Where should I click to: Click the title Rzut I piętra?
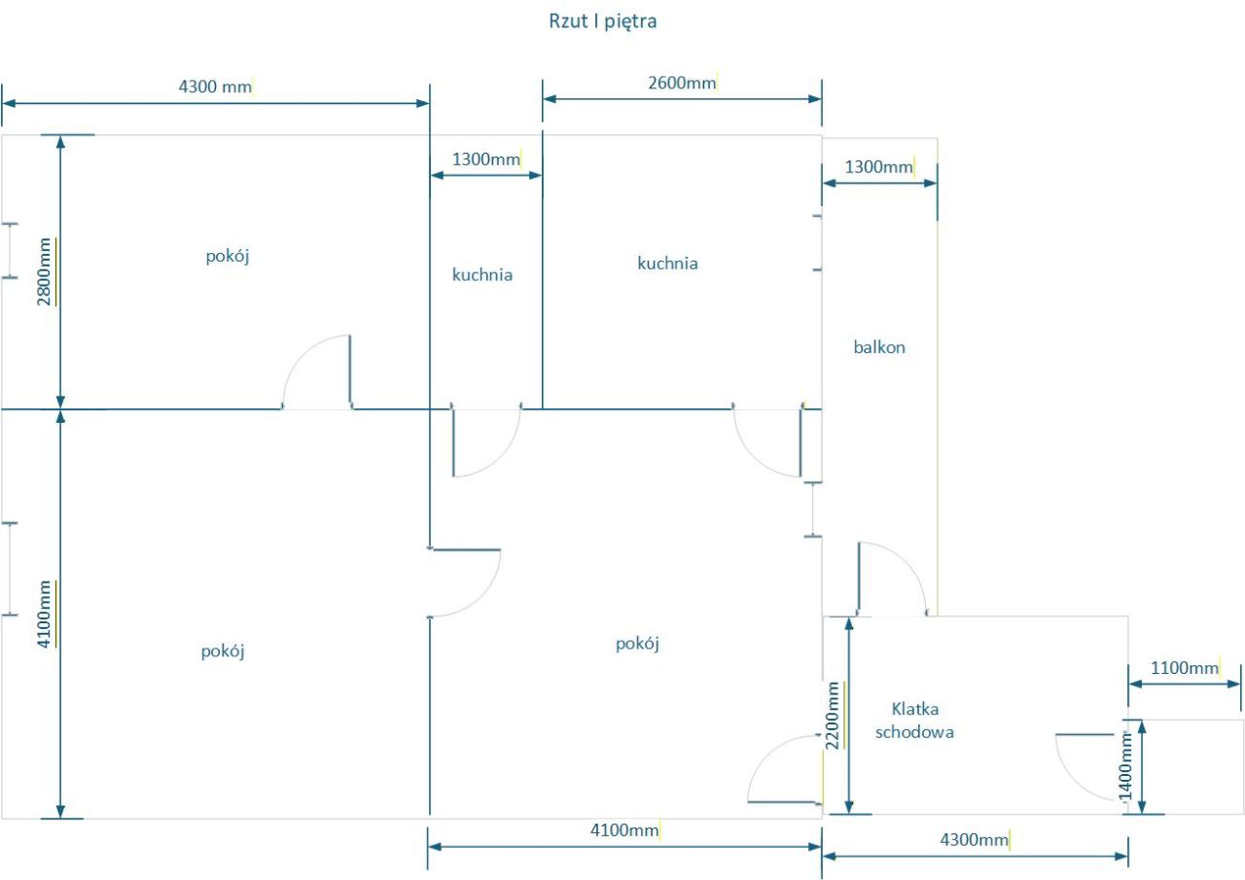[603, 21]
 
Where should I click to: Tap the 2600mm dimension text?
[681, 83]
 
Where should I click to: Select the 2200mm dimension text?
[833, 715]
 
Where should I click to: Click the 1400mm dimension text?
[1126, 765]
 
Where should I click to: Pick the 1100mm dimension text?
[1185, 668]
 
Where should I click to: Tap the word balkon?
[879, 347]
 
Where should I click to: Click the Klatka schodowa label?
[914, 721]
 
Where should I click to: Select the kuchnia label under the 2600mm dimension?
[667, 263]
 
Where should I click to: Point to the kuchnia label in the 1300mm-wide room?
[482, 275]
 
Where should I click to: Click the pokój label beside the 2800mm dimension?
[230, 256]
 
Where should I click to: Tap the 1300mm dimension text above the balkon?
[879, 166]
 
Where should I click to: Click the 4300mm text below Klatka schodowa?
[974, 840]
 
